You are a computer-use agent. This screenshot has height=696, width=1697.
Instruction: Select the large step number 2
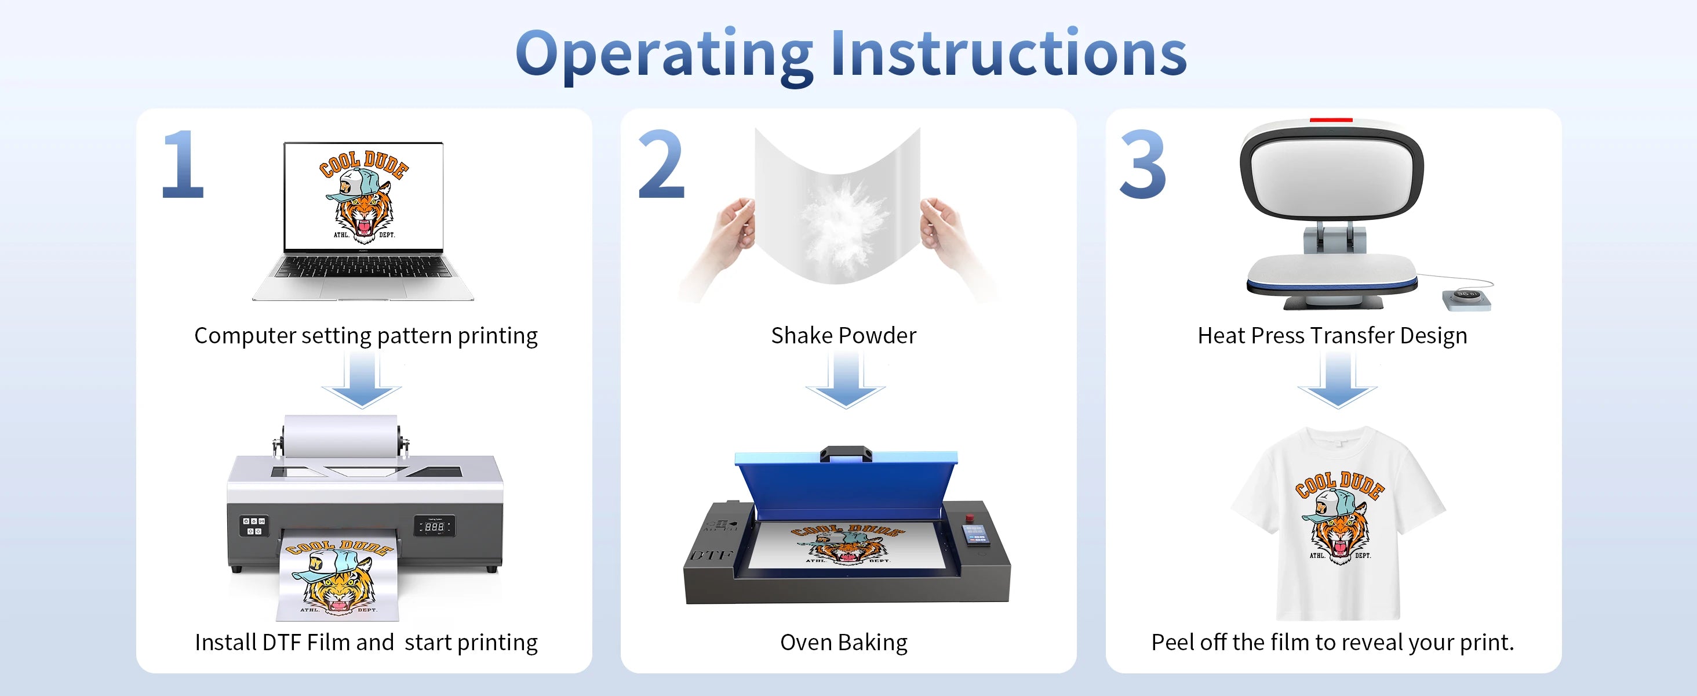[x=661, y=164]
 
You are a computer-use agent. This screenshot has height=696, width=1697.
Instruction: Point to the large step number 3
[x=1143, y=164]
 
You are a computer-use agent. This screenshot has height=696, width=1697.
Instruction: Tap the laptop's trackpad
[x=362, y=288]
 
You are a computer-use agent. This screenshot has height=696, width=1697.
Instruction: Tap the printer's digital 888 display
[x=434, y=526]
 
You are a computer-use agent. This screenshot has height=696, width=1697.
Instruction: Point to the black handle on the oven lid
[x=846, y=454]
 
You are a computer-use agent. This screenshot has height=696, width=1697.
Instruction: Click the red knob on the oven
[x=969, y=517]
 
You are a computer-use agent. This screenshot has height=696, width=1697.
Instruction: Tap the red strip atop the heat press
[x=1331, y=120]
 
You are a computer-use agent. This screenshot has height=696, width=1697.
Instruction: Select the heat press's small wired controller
[x=1466, y=299]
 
